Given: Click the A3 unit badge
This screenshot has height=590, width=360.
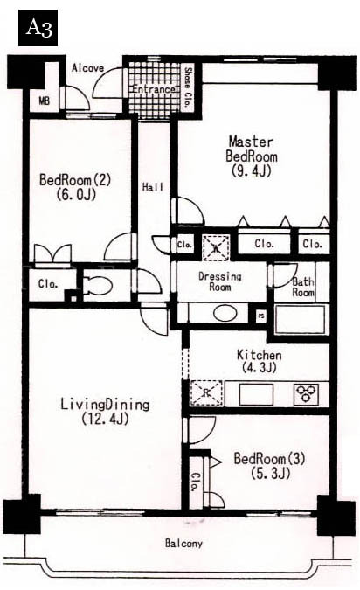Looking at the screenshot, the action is (38, 28).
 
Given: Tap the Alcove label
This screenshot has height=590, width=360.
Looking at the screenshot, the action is (87, 68).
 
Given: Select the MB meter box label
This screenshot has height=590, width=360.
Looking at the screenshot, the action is (45, 101).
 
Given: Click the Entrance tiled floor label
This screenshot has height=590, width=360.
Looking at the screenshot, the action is (154, 89).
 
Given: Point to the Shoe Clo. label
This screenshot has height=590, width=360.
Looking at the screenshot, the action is (187, 87).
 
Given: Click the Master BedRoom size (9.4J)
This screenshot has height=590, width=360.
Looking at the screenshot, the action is (252, 171).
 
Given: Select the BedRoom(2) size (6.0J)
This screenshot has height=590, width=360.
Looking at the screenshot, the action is (76, 194).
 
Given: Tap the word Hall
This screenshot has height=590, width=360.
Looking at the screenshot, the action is (153, 187).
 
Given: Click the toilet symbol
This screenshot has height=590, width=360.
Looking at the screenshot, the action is (98, 286).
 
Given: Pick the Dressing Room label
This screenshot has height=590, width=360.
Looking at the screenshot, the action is (219, 281).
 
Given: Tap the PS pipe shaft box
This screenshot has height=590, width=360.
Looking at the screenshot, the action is (260, 316).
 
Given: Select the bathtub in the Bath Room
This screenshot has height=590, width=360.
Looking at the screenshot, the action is (300, 319).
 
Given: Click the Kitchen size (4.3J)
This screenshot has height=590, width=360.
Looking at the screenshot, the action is (260, 367).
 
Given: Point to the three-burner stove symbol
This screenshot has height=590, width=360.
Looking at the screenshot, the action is (307, 393).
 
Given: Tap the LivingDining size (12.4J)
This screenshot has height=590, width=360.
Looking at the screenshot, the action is (105, 419).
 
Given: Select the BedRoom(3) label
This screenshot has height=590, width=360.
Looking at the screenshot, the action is (269, 459).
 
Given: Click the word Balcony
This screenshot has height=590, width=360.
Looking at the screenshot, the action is (183, 544).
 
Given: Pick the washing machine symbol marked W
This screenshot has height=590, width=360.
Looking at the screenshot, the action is (217, 247).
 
